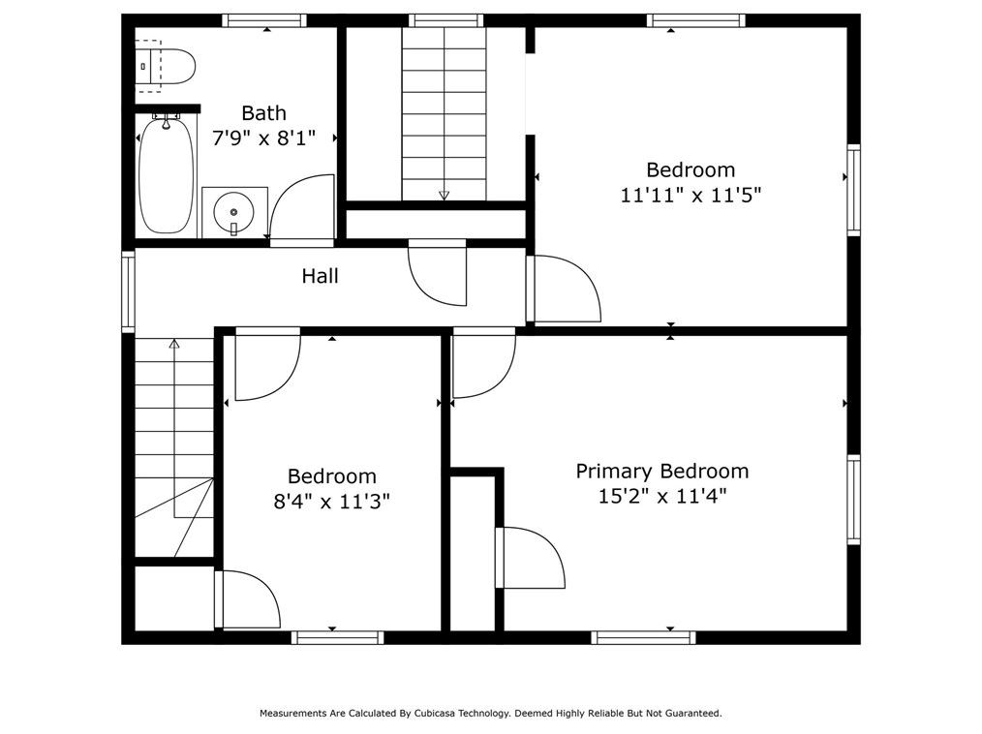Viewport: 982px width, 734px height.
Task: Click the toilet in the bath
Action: tap(166, 66)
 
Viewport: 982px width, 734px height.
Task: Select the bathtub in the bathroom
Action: tap(166, 175)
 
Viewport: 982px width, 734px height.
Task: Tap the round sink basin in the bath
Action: tap(233, 212)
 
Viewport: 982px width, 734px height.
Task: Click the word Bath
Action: tap(263, 113)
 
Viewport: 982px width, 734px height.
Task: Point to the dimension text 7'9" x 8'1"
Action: tap(263, 138)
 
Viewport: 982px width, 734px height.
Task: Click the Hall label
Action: tap(320, 276)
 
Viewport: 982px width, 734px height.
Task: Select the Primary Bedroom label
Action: tap(662, 471)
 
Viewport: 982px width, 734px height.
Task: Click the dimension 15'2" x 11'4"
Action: tap(662, 497)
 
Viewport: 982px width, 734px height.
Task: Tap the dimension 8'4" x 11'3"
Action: tap(332, 502)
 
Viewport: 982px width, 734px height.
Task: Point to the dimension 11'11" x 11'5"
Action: tap(690, 196)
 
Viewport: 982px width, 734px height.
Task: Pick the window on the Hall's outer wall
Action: tap(128, 291)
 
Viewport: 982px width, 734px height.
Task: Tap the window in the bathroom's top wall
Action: tap(263, 20)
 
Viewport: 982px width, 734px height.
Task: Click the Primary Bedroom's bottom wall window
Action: tap(644, 637)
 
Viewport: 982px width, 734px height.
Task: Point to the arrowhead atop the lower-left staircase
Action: tap(174, 344)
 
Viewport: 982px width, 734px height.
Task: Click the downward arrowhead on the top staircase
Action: tap(444, 196)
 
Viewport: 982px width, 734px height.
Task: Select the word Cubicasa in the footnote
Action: tap(434, 713)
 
